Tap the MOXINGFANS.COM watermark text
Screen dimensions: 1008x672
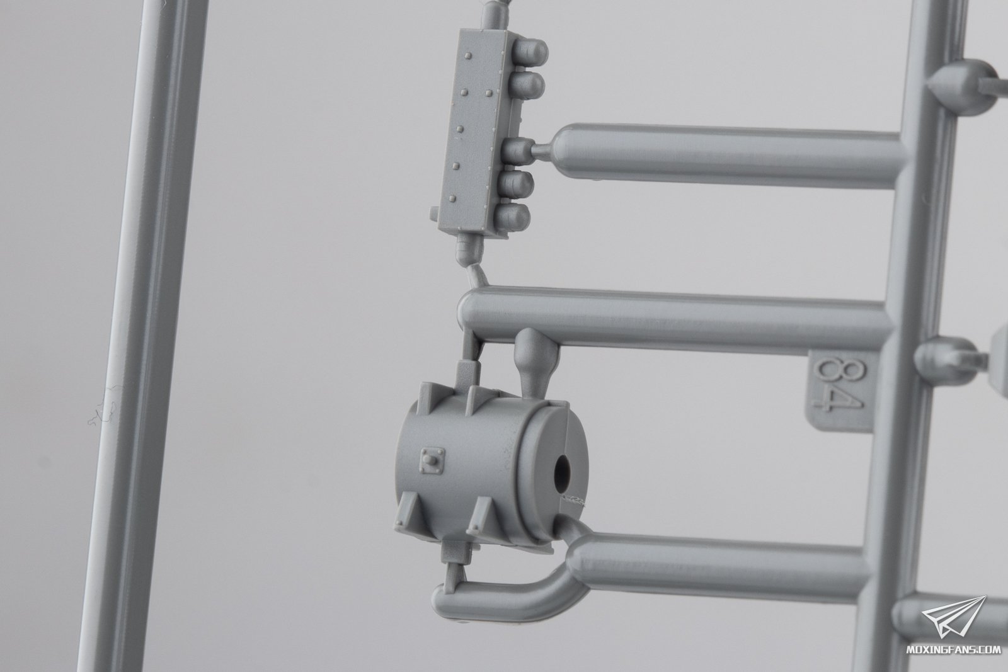[959, 650]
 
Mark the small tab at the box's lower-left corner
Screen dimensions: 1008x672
[434, 214]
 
